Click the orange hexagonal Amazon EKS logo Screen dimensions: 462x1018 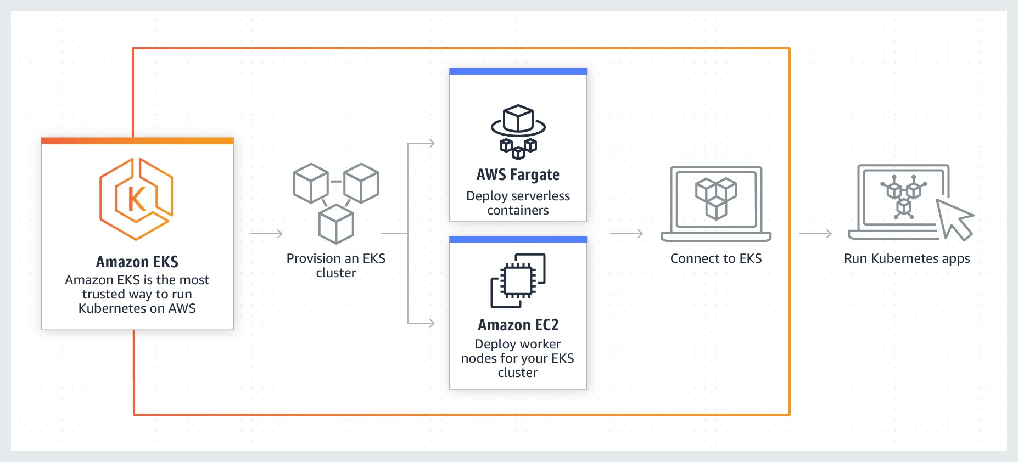137,199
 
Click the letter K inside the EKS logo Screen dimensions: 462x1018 137,199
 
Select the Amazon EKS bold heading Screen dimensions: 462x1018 137,262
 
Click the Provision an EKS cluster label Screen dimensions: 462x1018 335,266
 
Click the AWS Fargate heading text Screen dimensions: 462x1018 518,175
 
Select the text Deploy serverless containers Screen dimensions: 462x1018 518,203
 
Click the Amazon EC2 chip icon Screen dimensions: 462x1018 518,280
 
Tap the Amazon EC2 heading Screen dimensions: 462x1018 518,325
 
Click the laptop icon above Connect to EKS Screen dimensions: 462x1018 715,204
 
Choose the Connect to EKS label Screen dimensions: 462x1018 715,258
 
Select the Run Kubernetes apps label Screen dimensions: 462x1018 907,258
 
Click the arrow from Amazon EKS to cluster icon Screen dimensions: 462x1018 266,234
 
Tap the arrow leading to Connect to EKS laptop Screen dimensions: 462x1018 627,234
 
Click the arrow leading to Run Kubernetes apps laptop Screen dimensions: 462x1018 815,234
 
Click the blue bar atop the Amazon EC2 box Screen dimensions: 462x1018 518,239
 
